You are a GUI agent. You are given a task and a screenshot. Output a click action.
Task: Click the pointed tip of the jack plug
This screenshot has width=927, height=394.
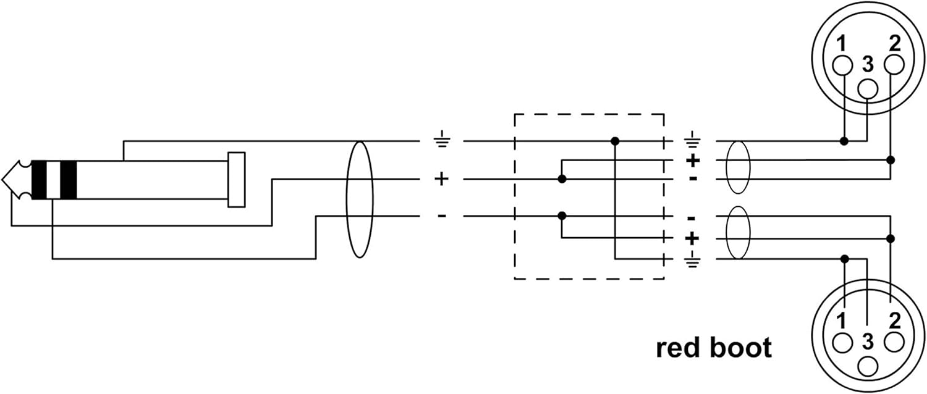(x=3, y=180)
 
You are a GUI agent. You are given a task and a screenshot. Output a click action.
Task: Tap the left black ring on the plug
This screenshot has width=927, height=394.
(x=40, y=180)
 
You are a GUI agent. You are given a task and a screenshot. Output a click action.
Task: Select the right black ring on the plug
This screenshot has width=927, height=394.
(x=68, y=180)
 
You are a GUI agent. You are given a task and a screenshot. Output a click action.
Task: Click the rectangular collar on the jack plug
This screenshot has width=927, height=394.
(x=236, y=180)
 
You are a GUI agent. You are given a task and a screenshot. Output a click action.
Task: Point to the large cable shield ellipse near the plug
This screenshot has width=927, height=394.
(x=347, y=199)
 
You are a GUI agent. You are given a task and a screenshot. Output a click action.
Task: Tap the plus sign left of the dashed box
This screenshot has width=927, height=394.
(x=442, y=179)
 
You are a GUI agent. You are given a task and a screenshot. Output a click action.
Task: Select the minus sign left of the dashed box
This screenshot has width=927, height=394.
(x=442, y=216)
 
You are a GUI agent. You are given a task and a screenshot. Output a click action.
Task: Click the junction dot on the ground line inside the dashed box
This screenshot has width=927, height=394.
(x=615, y=141)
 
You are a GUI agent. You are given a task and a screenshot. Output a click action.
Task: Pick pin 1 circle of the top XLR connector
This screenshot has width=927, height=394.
(x=842, y=65)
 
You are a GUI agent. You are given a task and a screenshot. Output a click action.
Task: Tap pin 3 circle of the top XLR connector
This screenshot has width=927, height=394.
(x=868, y=89)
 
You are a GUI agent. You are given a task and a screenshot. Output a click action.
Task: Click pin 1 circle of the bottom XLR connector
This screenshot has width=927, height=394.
(x=842, y=343)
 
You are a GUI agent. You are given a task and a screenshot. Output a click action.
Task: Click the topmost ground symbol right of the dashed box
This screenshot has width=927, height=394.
(x=692, y=140)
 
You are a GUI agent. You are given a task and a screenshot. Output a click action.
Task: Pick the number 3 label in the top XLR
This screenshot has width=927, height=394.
(x=868, y=64)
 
